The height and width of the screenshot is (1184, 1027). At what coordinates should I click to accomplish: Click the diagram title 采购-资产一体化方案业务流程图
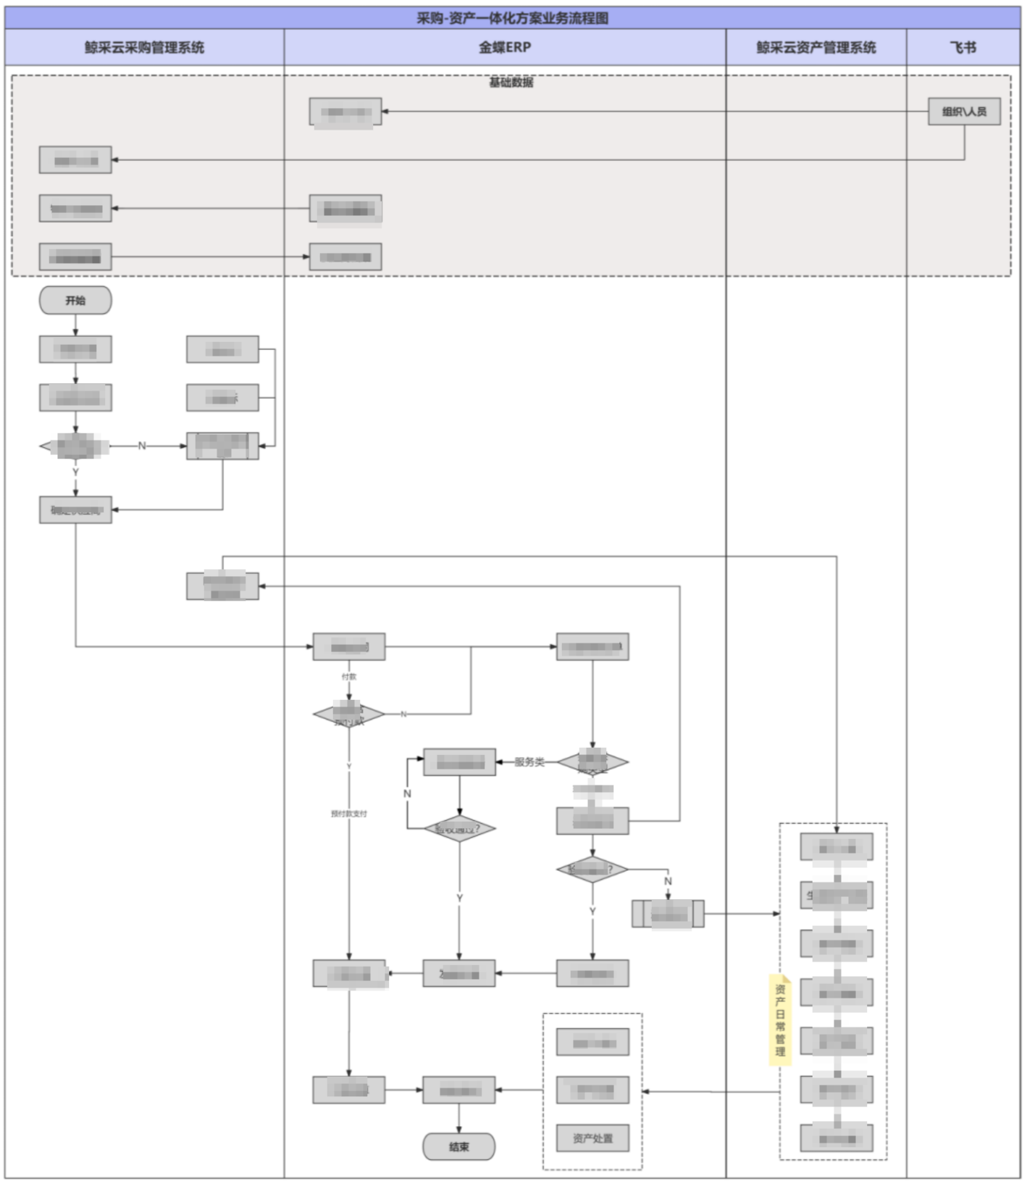click(x=512, y=18)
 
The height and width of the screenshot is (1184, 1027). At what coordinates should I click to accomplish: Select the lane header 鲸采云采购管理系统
click(x=144, y=48)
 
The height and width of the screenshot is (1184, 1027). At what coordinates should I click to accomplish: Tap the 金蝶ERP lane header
click(x=505, y=48)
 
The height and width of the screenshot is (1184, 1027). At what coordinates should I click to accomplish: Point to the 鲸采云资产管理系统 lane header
click(x=816, y=48)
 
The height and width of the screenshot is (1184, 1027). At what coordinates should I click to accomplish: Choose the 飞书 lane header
click(x=963, y=48)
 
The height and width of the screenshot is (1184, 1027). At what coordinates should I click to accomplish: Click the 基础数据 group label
click(x=511, y=83)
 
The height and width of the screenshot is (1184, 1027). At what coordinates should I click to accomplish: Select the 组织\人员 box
click(x=964, y=112)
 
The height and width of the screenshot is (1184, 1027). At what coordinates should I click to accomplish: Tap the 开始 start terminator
click(x=75, y=301)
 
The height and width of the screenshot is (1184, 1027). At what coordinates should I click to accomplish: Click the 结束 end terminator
click(x=458, y=1147)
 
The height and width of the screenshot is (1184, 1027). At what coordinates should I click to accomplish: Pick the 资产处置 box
click(x=592, y=1138)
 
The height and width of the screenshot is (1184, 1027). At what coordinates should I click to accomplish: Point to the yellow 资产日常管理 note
click(x=780, y=1020)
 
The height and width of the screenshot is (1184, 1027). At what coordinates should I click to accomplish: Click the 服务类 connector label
click(x=529, y=762)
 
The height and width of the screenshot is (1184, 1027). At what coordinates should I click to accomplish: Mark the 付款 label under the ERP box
click(x=349, y=677)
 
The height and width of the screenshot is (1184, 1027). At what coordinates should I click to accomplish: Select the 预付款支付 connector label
click(x=349, y=814)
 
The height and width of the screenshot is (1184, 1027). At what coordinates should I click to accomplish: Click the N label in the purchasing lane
click(x=142, y=446)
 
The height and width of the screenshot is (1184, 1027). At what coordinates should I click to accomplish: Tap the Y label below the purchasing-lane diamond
click(x=75, y=472)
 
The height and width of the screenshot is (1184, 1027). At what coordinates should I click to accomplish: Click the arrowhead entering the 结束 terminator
click(x=458, y=1130)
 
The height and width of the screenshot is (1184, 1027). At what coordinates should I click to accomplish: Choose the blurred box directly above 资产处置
click(x=592, y=1090)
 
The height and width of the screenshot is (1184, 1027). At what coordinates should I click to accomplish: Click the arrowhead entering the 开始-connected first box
click(x=75, y=333)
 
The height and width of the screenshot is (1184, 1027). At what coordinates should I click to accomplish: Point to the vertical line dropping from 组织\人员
click(x=964, y=142)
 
